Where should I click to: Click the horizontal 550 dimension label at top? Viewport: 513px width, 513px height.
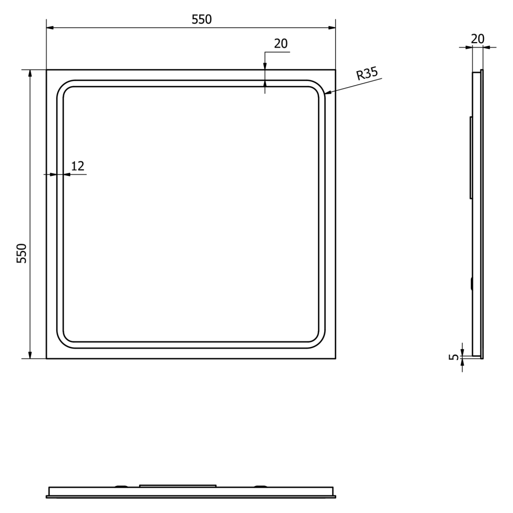[201, 20]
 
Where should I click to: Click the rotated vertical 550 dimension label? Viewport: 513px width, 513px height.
[22, 253]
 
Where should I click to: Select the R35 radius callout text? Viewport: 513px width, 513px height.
[367, 73]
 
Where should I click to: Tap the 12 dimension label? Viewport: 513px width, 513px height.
[78, 166]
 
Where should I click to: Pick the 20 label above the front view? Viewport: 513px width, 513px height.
[281, 44]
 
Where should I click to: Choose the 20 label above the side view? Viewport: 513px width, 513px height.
[477, 39]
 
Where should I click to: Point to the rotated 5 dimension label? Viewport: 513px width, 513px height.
[454, 357]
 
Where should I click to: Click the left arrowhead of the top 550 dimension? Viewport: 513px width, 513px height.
[50, 28]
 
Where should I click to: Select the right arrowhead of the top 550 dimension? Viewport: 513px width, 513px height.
[332, 28]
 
